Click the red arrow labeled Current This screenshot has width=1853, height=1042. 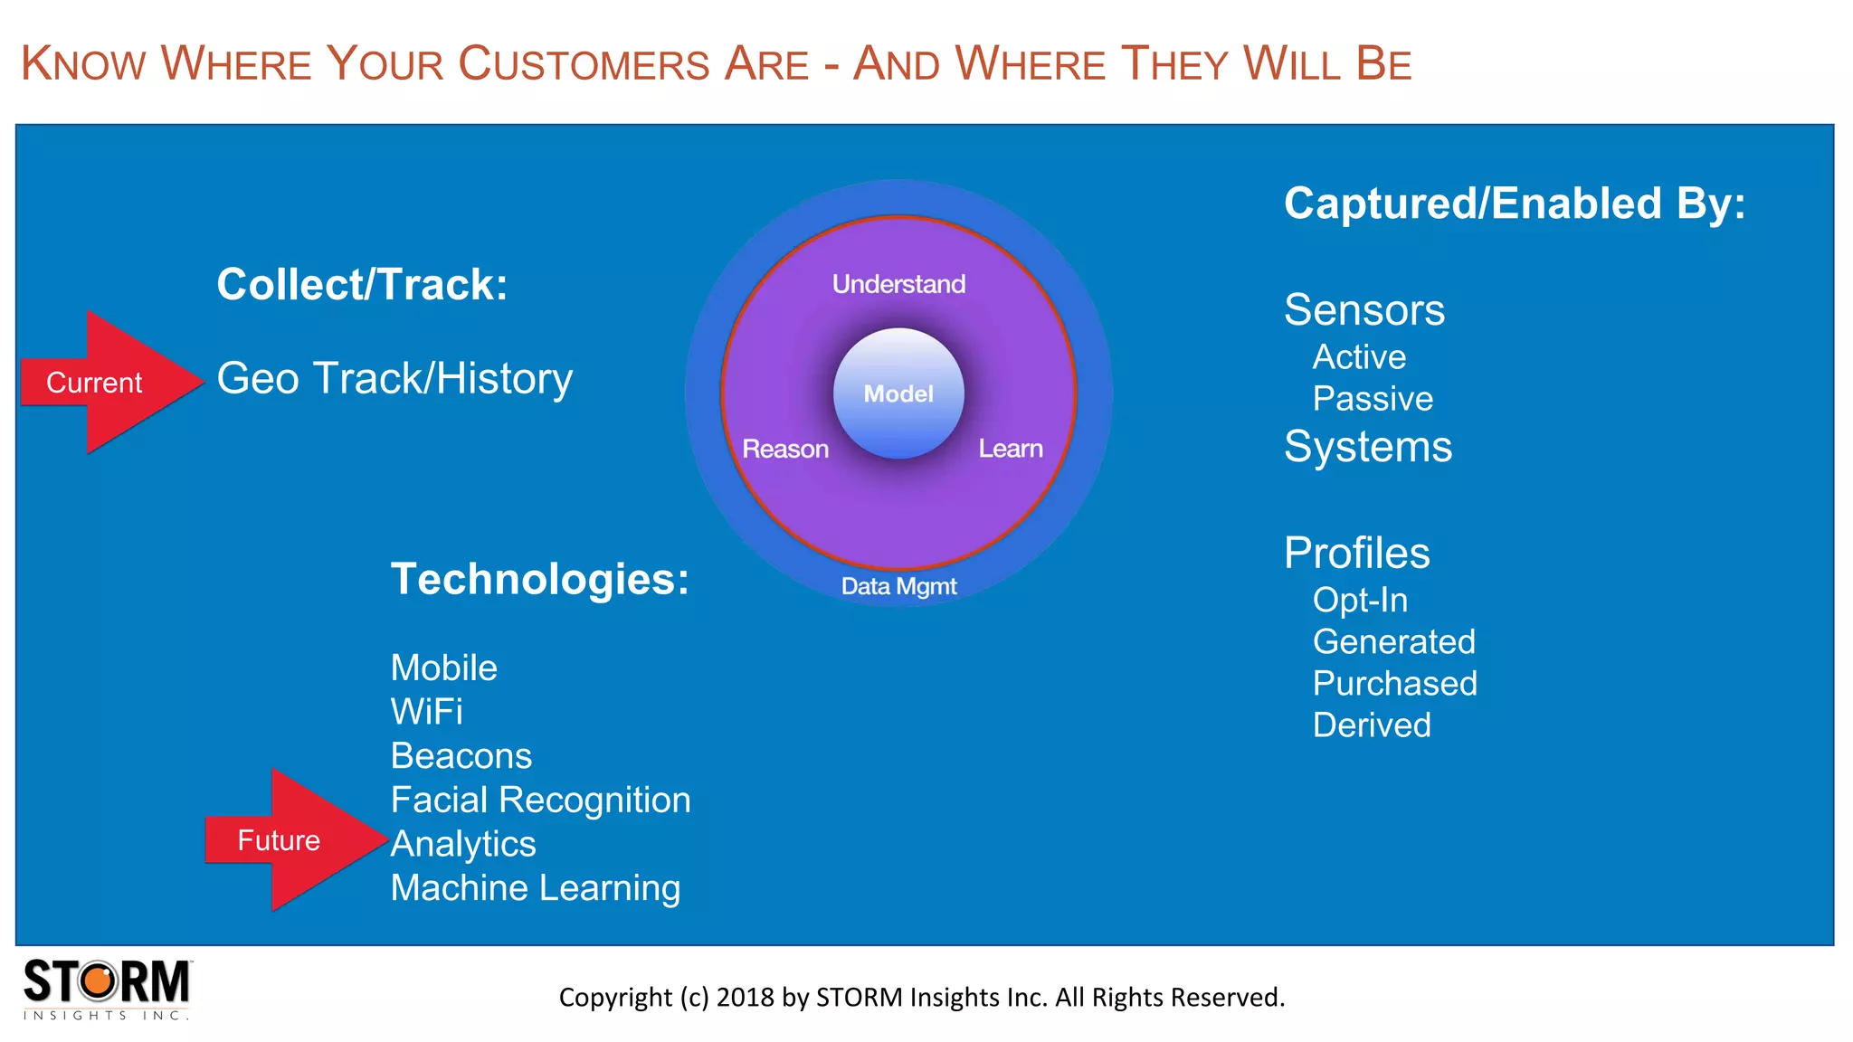[x=104, y=383]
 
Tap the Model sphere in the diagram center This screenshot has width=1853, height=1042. [x=898, y=393]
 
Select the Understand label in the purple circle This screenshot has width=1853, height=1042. [x=898, y=284]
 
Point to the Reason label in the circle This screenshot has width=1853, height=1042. [x=785, y=449]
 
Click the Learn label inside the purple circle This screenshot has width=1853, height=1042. [x=1011, y=449]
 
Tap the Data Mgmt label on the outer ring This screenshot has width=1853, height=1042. [x=898, y=586]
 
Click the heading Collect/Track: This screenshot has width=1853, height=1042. [x=362, y=284]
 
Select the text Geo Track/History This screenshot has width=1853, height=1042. [x=394, y=378]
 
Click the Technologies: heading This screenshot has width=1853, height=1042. [x=539, y=579]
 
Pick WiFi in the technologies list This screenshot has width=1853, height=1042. [x=426, y=712]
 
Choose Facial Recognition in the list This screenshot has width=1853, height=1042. [x=540, y=800]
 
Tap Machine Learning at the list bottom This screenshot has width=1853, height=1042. [x=535, y=887]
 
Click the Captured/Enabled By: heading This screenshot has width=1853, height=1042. [x=1514, y=204]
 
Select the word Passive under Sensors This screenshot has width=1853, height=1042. [x=1373, y=399]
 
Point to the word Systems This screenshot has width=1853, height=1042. [x=1368, y=446]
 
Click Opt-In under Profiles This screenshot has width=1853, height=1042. [x=1360, y=600]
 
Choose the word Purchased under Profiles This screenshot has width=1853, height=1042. [x=1394, y=683]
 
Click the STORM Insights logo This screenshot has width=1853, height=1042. [x=107, y=989]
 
